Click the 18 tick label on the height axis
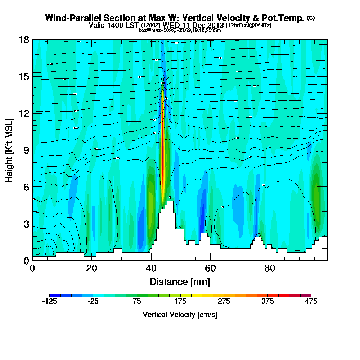pos(24,40)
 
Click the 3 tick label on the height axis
pos(26,224)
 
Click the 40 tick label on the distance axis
pos(151,269)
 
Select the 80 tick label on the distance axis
pos(270,269)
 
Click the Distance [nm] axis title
pos(180,282)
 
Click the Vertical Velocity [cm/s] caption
pos(180,315)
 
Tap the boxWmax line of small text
pos(180,30)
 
